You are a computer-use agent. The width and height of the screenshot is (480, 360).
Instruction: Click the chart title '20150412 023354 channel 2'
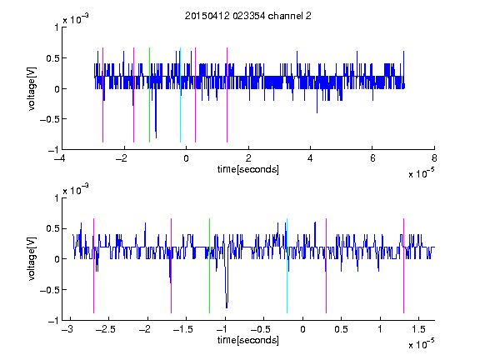click(248, 16)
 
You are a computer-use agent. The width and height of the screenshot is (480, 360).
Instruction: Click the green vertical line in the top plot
click(149, 95)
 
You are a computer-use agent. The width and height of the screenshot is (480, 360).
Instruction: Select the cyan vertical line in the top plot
click(180, 95)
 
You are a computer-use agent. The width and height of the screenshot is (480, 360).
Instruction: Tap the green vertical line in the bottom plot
click(209, 266)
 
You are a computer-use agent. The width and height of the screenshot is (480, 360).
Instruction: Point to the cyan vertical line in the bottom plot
click(287, 266)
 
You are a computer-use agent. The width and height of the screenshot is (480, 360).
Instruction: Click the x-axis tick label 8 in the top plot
click(434, 158)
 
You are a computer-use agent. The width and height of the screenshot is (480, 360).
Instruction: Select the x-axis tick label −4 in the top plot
click(60, 158)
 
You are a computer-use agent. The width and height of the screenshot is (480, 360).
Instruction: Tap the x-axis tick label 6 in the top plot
click(372, 158)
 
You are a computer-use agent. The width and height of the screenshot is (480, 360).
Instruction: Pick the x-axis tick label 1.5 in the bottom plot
click(418, 329)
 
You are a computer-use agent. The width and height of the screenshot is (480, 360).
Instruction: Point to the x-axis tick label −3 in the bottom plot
click(67, 329)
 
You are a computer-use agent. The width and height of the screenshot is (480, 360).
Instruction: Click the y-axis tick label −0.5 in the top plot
click(49, 119)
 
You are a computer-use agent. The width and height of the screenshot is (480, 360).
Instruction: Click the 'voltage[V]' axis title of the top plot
click(32, 88)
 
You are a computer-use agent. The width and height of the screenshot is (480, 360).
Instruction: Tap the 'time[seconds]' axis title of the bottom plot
click(248, 340)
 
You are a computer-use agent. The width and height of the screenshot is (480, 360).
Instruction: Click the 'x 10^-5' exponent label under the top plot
click(421, 173)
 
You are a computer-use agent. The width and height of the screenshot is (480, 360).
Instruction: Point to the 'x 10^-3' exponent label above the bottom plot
click(76, 190)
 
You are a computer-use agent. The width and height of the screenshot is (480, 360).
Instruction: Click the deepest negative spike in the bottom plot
click(227, 307)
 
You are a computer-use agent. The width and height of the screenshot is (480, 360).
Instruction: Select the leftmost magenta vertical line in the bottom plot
click(93, 266)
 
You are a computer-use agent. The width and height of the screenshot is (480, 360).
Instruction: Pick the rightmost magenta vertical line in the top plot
click(227, 95)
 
